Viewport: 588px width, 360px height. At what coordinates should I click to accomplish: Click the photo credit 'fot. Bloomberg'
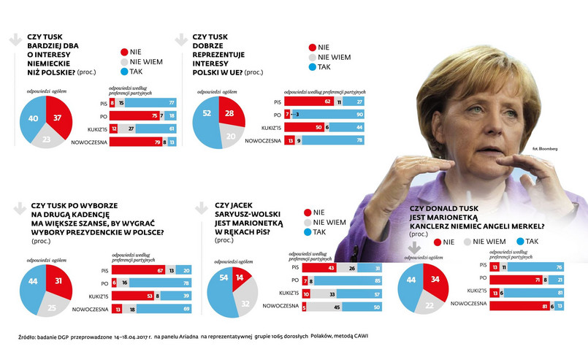tap(544, 149)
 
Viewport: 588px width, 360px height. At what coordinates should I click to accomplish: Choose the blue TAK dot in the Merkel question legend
tap(520, 241)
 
